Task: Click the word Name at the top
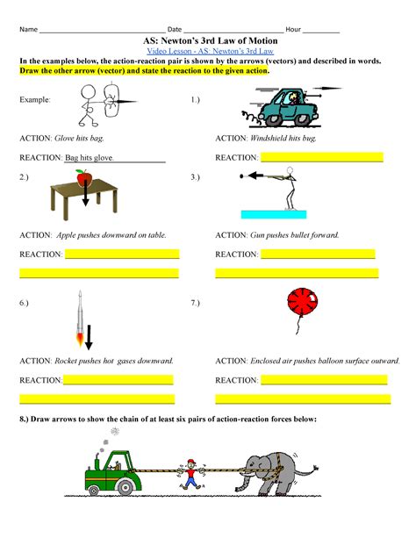28,29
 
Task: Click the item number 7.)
196,303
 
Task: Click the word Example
35,101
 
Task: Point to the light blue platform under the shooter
272,213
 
